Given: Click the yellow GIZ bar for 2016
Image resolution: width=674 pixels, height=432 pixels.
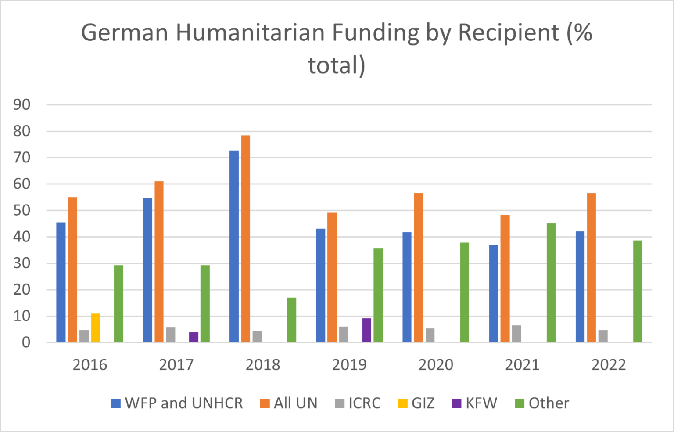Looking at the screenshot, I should pos(95,328).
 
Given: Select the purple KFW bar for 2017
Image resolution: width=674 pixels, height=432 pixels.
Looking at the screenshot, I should pos(194,337).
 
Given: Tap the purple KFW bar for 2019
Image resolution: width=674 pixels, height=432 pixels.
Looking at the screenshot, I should pos(366,330).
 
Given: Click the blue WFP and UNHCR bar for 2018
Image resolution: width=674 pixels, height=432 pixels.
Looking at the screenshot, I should pos(234,246).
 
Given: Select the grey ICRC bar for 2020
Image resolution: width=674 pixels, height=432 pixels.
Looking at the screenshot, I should pos(430,335).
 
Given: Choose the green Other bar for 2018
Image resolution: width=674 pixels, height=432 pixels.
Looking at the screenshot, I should pos(291,320).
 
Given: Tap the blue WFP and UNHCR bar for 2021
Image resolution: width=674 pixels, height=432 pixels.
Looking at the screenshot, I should pos(494,293).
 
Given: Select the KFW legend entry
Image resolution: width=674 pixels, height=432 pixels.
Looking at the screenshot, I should pos(475,403).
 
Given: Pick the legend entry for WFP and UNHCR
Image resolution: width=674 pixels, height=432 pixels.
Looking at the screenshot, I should pos(177,403).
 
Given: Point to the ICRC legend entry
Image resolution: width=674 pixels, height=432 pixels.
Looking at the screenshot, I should pos(358,403).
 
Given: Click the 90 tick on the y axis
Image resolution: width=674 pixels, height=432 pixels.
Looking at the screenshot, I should pos(22,104).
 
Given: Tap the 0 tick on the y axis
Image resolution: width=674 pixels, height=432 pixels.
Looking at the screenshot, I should pos(26,342).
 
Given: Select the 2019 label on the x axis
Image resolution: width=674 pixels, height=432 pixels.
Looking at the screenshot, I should pos(349,364).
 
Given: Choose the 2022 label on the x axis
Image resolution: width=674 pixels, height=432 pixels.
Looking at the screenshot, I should pos(609,364).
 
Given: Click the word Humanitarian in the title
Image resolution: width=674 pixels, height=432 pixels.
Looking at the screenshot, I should pos(251,33).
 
